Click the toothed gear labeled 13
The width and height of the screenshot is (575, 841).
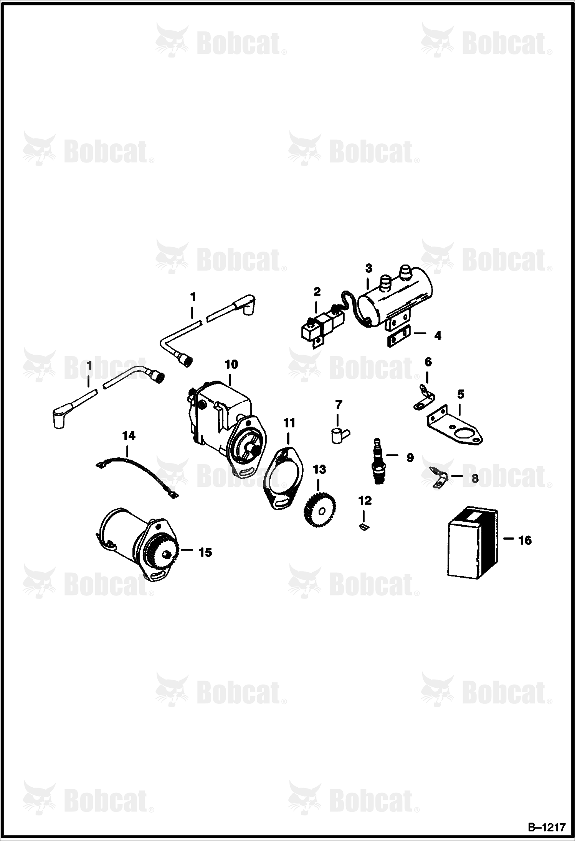point(320,511)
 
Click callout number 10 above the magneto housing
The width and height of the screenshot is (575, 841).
point(231,364)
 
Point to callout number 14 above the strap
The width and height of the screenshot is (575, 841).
point(129,435)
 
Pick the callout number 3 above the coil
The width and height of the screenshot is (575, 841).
point(368,268)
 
